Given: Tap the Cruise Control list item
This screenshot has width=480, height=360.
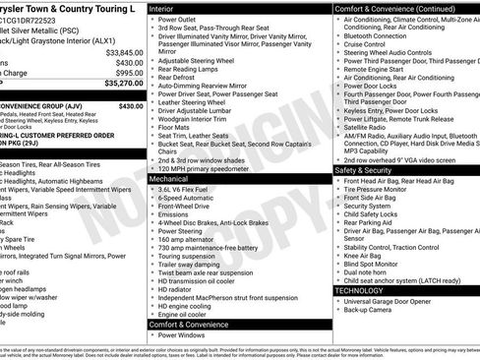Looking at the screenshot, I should [x=366, y=44].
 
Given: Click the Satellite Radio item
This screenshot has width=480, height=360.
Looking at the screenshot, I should [x=365, y=127].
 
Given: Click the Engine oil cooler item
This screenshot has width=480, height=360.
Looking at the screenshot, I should [x=184, y=315].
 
